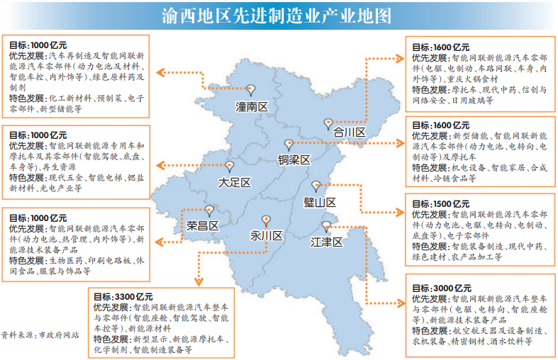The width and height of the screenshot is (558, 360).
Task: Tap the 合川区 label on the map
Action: click(349, 133)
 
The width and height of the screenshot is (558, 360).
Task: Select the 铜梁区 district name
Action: click(294, 160)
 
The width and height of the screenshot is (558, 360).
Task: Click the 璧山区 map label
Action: click(320, 202)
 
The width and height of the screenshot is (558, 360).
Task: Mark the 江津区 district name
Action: click(326, 242)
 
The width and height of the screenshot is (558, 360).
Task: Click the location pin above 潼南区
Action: click(250, 90)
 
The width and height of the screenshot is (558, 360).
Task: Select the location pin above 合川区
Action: click(328, 123)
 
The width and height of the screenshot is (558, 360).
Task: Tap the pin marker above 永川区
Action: click(266, 219)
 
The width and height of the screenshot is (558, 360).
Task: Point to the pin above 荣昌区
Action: click(209, 210)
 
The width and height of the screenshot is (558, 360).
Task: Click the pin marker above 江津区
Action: click(325, 226)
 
